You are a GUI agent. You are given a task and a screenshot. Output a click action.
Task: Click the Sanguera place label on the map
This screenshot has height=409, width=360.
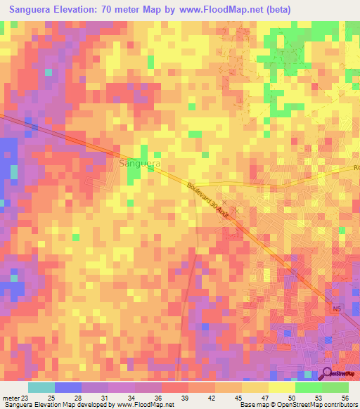(140, 163)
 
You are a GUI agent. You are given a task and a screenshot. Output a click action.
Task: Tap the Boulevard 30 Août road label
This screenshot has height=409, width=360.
(210, 200)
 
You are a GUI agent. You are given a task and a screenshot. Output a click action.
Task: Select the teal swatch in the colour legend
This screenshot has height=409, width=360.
(41, 387)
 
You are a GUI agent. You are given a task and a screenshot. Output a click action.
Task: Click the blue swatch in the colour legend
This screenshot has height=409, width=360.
(68, 387)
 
